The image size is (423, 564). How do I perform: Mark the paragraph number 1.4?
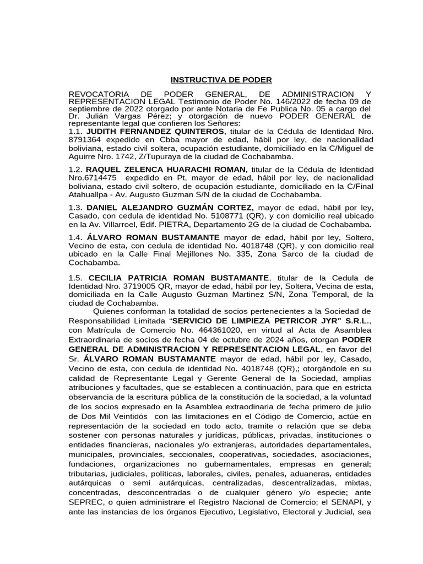(x=75, y=237)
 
